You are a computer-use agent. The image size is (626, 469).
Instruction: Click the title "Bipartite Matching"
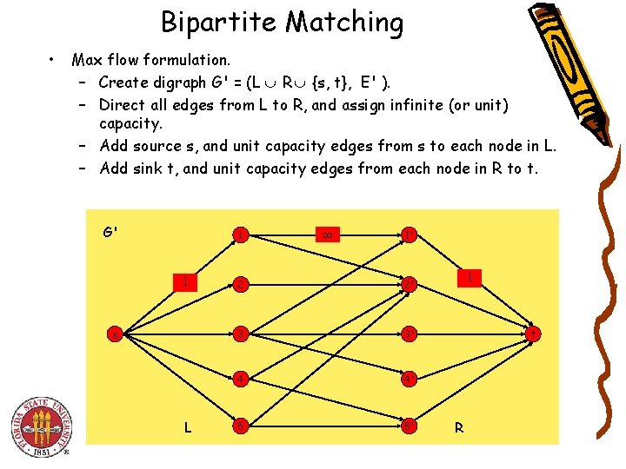coord(283,23)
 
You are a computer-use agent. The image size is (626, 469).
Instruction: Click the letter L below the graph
coord(187,426)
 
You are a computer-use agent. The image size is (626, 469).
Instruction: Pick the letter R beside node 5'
coord(458,427)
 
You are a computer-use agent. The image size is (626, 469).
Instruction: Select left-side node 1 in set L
coord(239,234)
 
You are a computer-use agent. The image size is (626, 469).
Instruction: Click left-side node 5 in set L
coord(239,426)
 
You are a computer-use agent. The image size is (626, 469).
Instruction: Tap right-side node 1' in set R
coord(407,234)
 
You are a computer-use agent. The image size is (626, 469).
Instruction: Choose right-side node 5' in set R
coord(407,426)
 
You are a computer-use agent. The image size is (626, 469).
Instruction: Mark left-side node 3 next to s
coord(239,334)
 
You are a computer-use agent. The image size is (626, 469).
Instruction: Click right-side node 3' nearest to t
coord(407,334)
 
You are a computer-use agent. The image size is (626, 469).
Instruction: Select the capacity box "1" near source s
coord(183,281)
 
